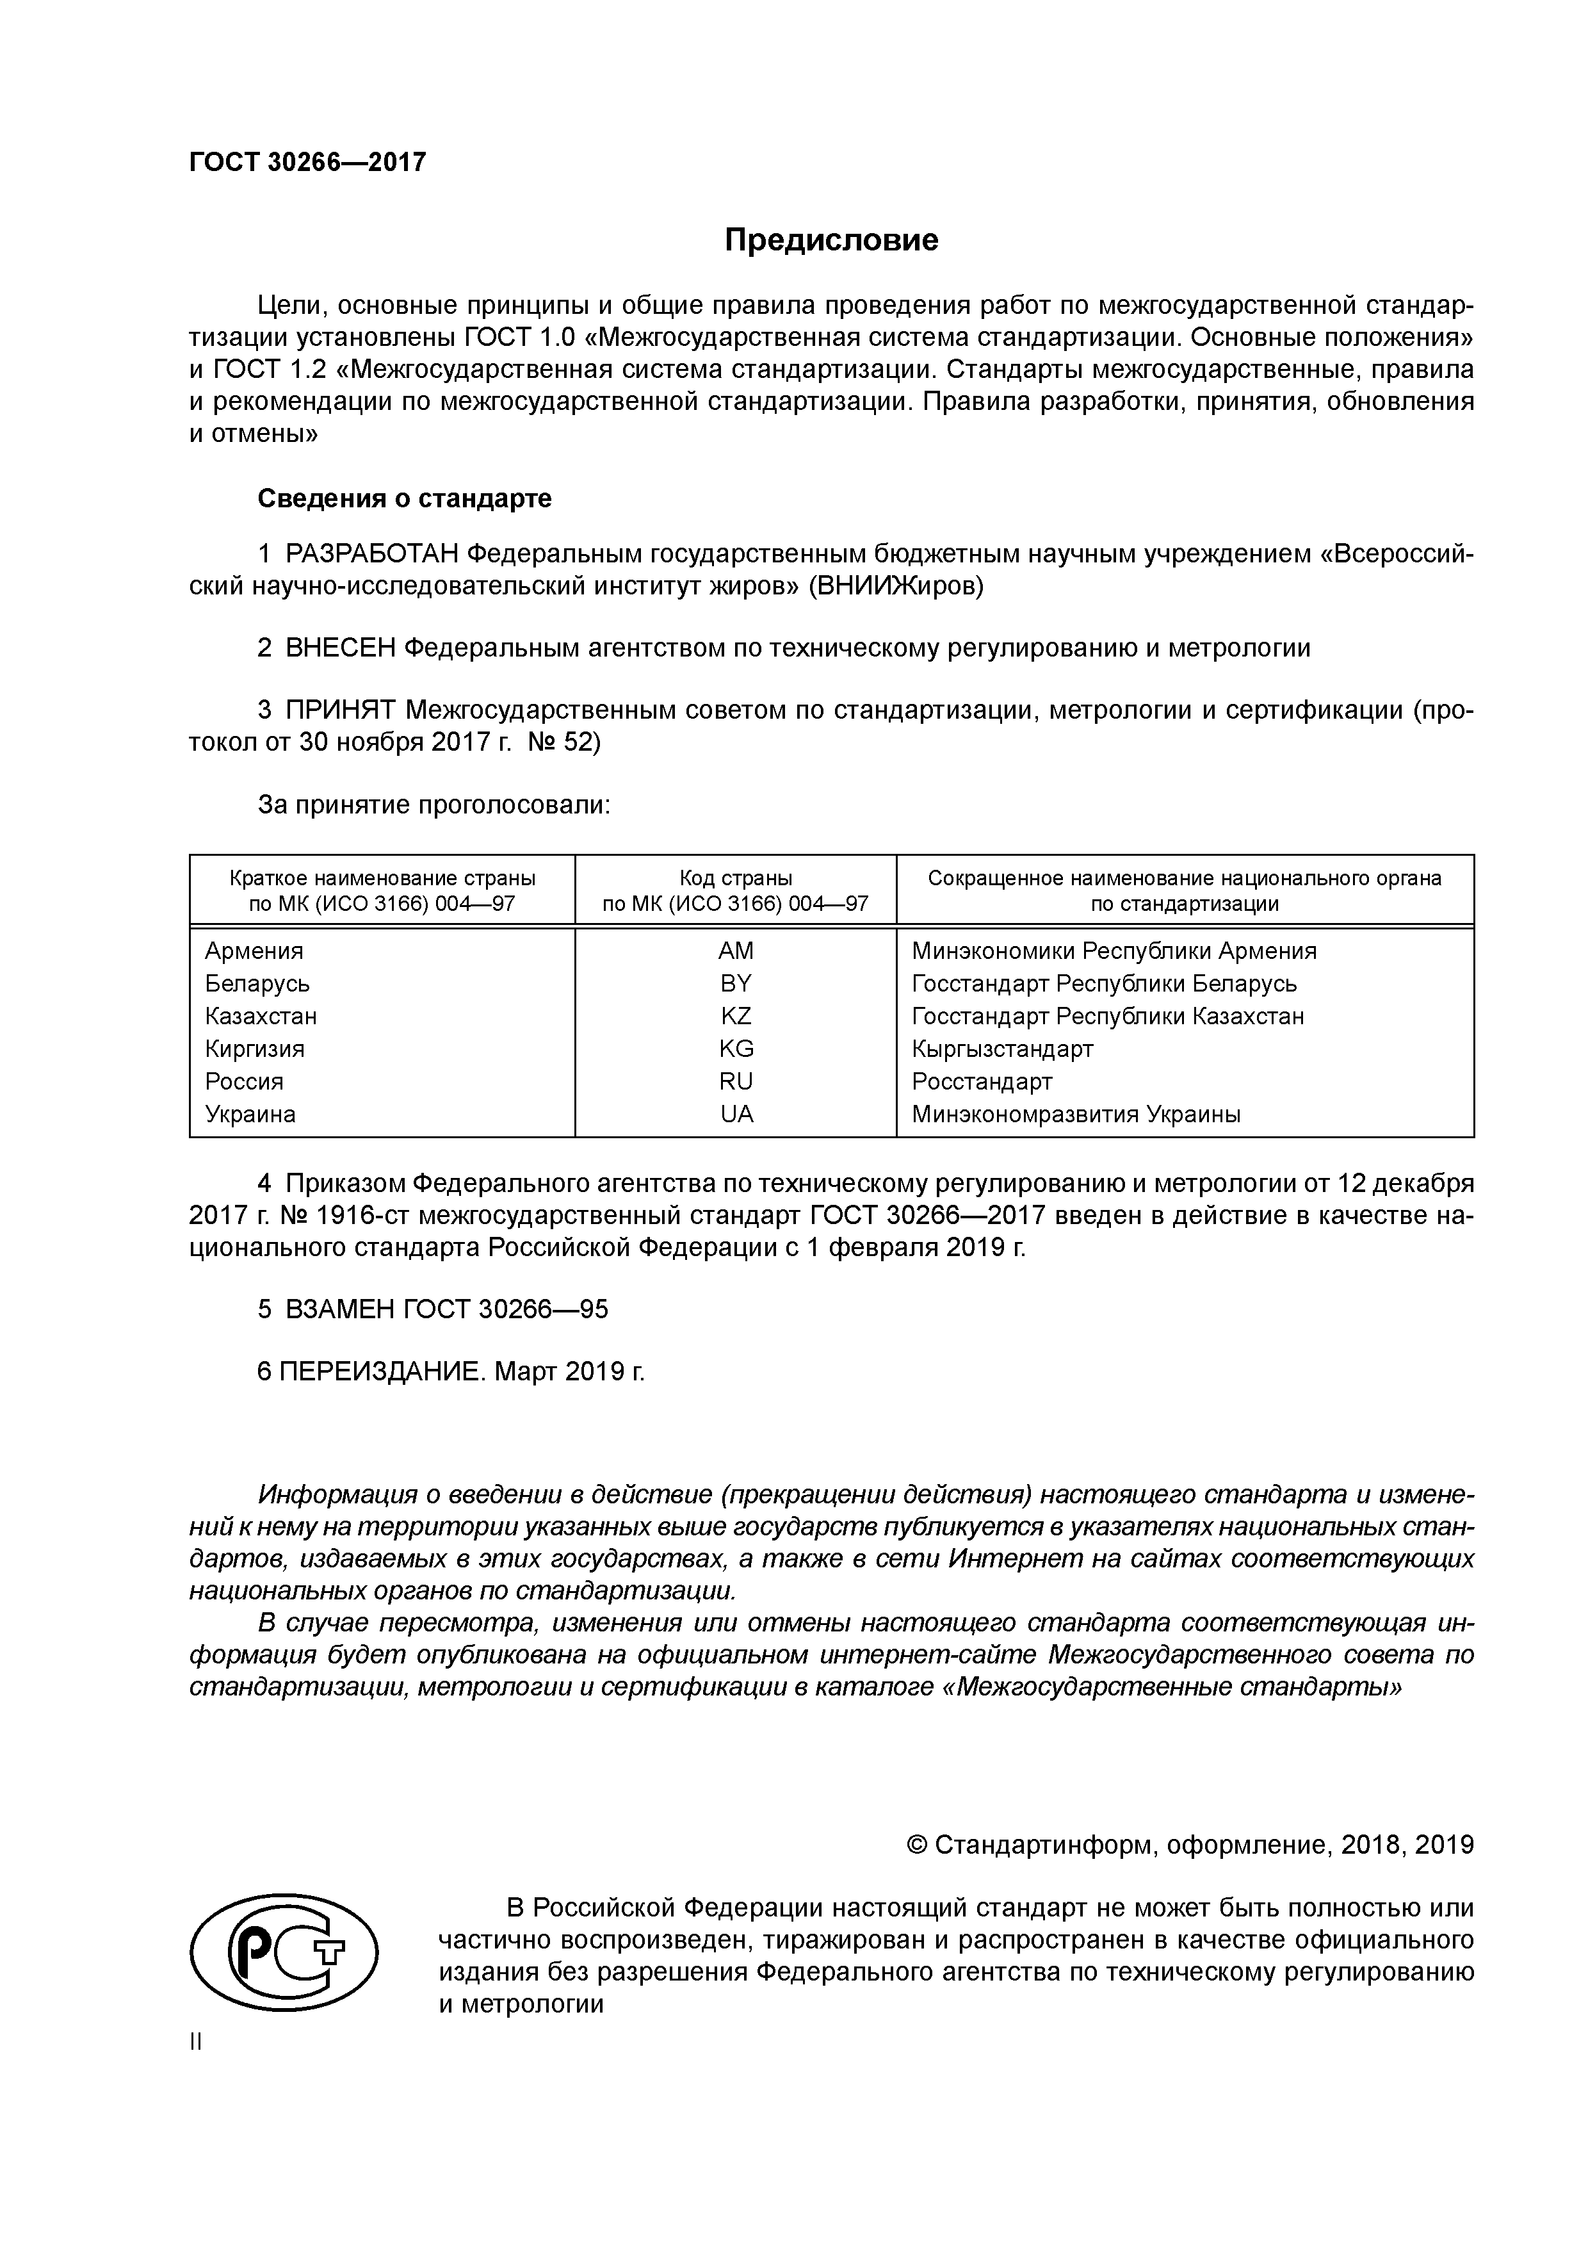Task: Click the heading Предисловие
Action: click(x=830, y=240)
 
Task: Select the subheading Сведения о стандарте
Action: click(x=404, y=498)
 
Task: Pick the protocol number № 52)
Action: click(x=565, y=742)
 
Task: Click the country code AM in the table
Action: click(x=736, y=951)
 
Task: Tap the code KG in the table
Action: click(x=736, y=1049)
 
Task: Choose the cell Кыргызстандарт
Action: click(x=1002, y=1049)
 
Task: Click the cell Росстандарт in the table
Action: click(x=982, y=1081)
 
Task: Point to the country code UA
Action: click(x=736, y=1114)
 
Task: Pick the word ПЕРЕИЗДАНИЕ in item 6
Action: click(x=382, y=1371)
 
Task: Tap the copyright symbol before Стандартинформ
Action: click(x=917, y=1846)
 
